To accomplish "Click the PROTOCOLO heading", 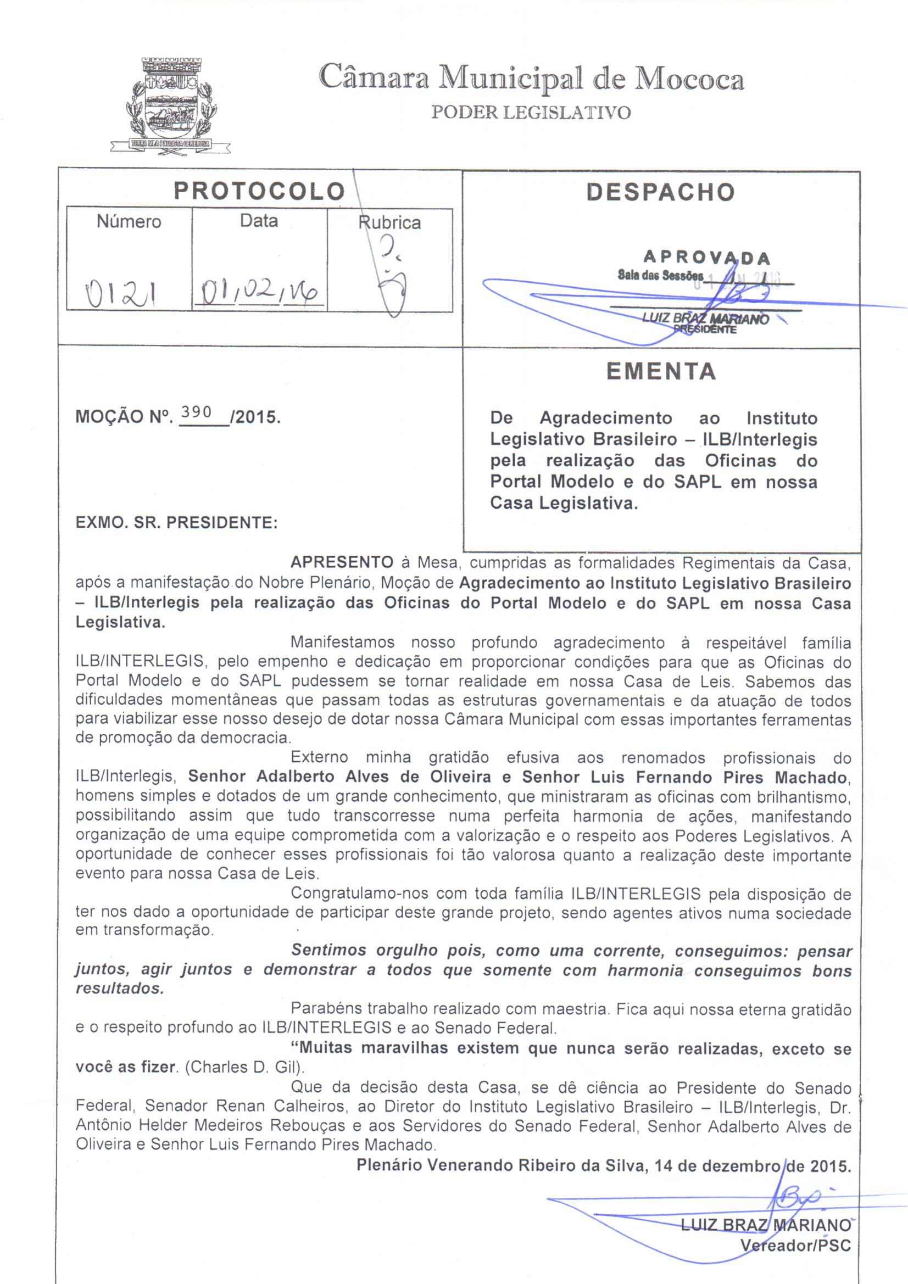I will tap(259, 191).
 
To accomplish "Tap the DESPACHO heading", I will tap(660, 192).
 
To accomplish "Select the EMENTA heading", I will tap(661, 371).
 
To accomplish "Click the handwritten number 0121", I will tap(120, 293).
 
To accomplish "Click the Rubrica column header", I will tap(389, 222).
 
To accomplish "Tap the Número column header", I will tap(129, 221).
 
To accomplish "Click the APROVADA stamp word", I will tap(706, 258).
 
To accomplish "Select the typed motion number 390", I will tap(196, 413).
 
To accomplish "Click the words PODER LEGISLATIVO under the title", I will tap(531, 113).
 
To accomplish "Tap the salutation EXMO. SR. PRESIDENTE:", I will tap(177, 522).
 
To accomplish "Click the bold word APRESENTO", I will tap(342, 562).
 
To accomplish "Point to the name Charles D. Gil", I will tap(243, 1068).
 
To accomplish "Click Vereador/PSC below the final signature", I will tap(795, 1246).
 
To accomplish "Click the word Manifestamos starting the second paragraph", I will tap(342, 643).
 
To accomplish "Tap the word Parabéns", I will tap(325, 1009).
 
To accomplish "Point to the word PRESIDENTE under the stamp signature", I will tap(705, 330).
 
